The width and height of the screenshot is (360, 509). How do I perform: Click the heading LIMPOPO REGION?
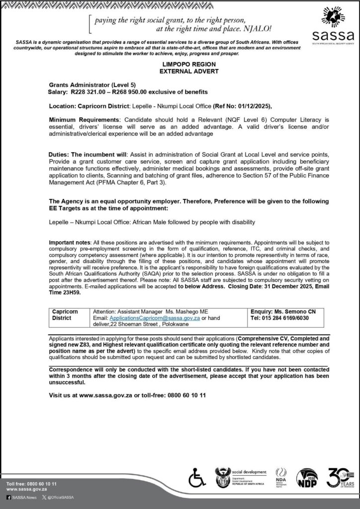click(x=180, y=65)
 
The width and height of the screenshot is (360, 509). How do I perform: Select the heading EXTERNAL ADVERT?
click(x=180, y=72)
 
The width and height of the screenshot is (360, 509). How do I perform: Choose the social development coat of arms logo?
click(x=221, y=478)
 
